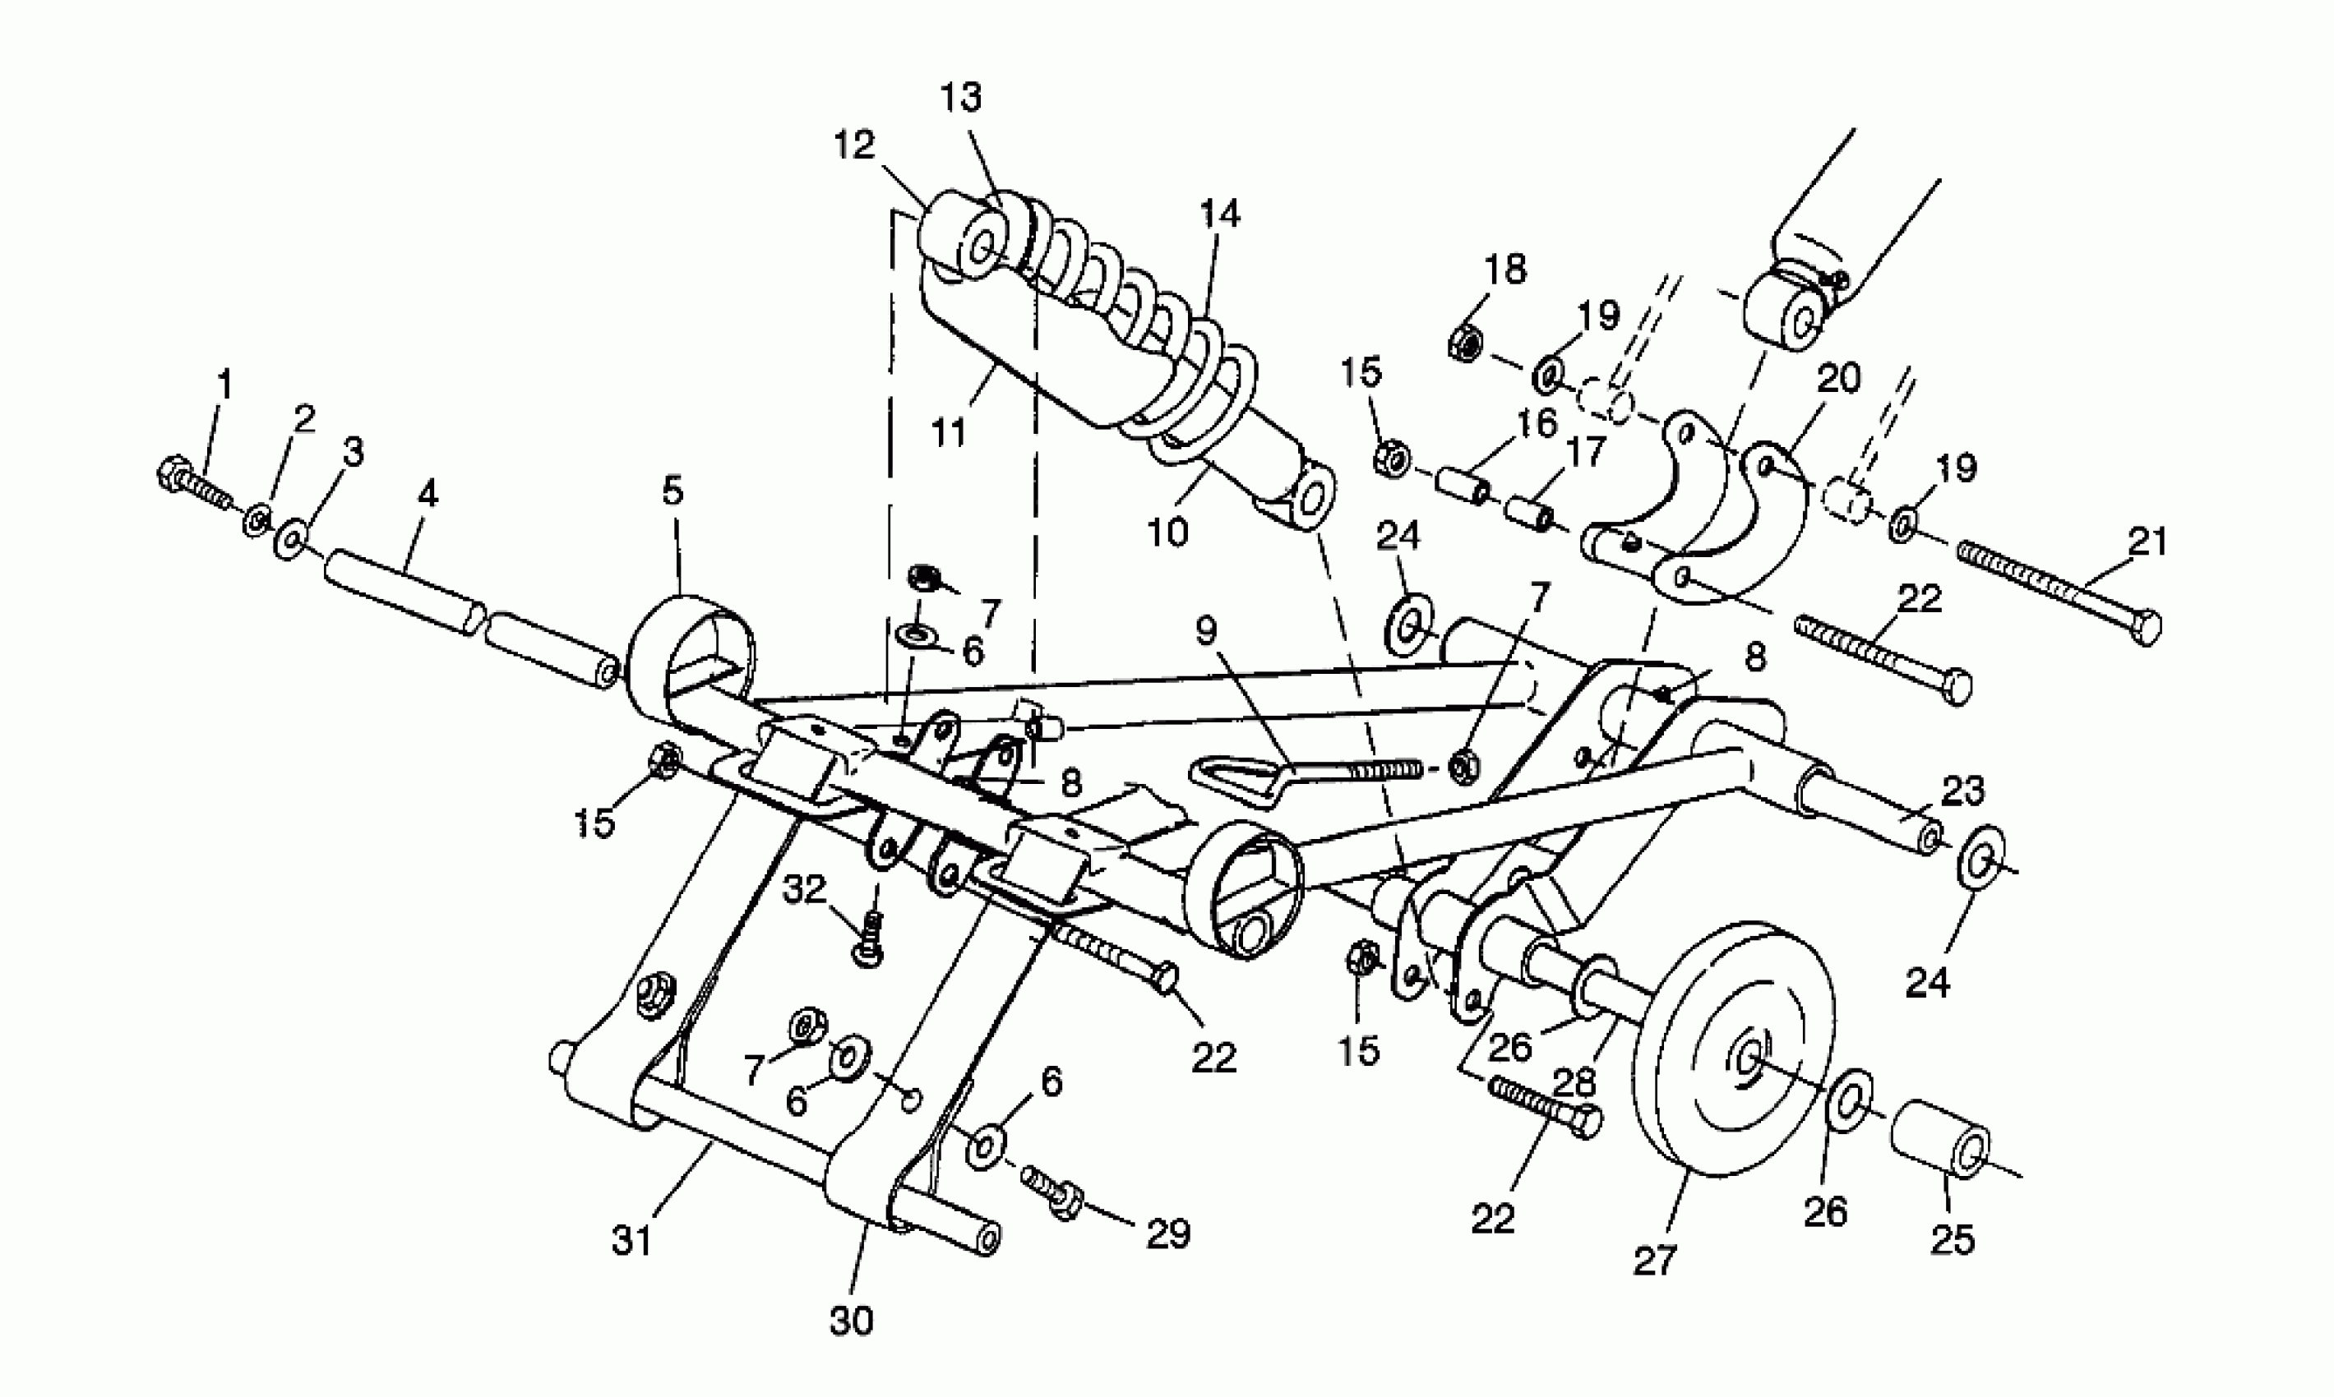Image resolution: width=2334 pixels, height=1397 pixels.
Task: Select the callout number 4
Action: (428, 493)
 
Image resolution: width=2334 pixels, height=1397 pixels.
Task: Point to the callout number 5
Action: (672, 491)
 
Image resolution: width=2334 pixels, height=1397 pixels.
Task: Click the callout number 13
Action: (960, 96)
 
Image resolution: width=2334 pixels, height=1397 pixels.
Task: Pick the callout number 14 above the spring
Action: (1220, 214)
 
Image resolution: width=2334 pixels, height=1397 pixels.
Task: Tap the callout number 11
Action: (949, 434)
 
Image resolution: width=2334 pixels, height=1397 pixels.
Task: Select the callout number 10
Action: (1168, 533)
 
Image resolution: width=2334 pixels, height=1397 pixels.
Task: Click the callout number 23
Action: (1963, 791)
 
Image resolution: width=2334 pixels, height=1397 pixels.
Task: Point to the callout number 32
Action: (805, 888)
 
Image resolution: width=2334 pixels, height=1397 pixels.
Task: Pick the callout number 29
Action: (1168, 1233)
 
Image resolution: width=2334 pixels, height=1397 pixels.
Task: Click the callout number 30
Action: (851, 1321)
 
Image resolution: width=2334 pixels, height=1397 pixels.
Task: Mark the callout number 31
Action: (631, 1242)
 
